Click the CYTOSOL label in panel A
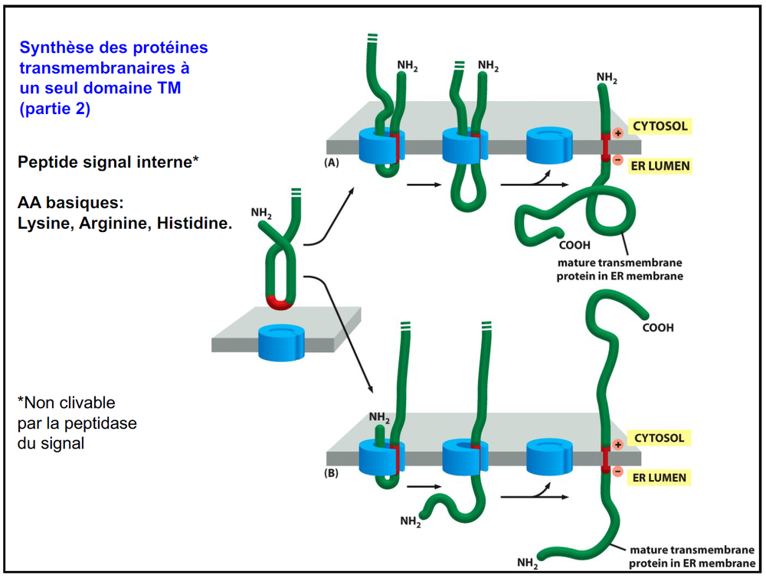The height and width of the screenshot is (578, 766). (x=659, y=126)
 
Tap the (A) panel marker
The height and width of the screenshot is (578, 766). (x=332, y=163)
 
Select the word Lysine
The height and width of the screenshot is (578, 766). (x=44, y=224)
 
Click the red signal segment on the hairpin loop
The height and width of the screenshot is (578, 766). (x=282, y=303)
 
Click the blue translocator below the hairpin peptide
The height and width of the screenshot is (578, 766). (x=281, y=341)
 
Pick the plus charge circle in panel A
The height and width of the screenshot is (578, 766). (x=618, y=132)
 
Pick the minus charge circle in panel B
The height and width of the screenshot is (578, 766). (x=618, y=472)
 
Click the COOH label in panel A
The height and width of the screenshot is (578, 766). (x=574, y=246)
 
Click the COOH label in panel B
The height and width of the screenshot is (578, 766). (x=658, y=328)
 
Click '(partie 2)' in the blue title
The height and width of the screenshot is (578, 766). (x=55, y=109)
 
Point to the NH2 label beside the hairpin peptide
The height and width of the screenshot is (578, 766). (x=261, y=211)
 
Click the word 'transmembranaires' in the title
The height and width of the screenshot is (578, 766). (x=93, y=68)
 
